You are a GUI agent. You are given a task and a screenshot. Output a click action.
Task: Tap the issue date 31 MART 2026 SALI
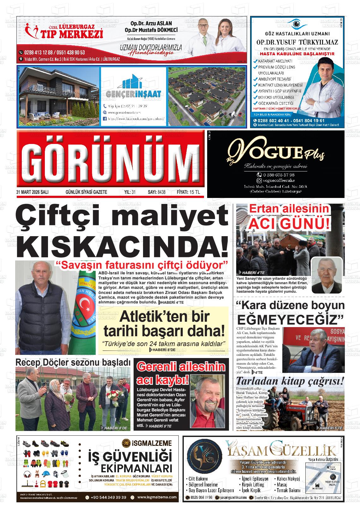click(x=32, y=192)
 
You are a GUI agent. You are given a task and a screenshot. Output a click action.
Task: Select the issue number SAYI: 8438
click(x=157, y=192)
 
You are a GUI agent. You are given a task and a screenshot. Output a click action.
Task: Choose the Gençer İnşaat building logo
click(x=134, y=83)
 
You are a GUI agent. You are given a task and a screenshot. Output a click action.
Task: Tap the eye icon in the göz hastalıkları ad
click(x=296, y=24)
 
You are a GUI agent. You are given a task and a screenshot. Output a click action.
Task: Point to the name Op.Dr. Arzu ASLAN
click(x=151, y=24)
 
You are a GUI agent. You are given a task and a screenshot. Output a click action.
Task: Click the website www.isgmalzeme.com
click(x=157, y=497)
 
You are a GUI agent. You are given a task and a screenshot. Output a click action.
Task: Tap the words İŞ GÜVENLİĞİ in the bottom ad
click(x=130, y=457)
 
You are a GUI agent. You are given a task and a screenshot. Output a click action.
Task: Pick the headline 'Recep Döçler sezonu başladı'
click(x=73, y=363)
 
